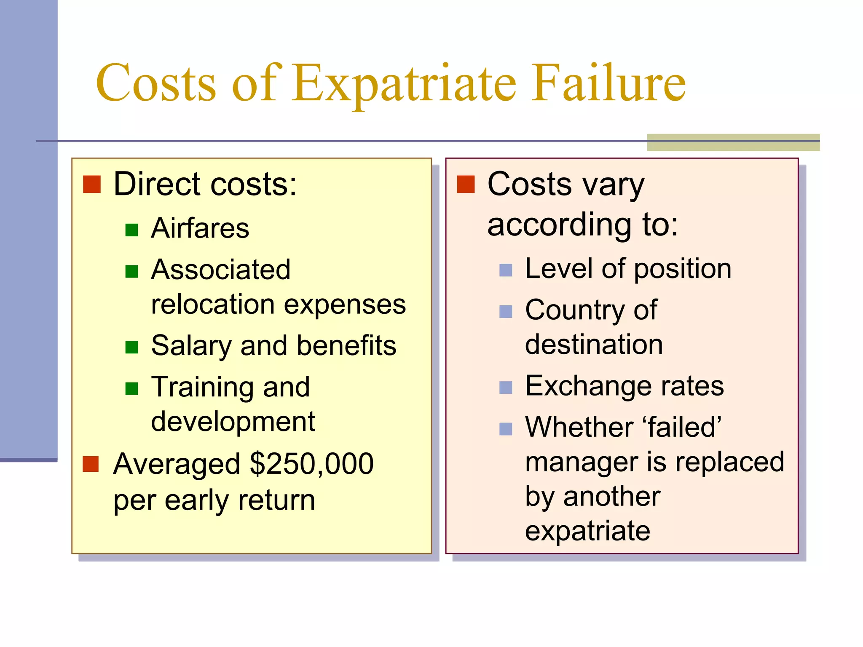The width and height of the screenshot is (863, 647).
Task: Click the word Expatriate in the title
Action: coord(404,83)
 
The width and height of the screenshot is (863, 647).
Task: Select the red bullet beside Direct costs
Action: coord(92,184)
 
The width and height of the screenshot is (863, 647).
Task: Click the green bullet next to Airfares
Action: coord(132,230)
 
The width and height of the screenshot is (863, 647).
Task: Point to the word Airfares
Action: coord(200,228)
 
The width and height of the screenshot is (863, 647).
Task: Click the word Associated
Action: coord(221,270)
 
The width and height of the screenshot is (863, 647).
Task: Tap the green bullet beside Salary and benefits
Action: coord(132,347)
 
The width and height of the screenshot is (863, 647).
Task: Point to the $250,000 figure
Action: coord(311,464)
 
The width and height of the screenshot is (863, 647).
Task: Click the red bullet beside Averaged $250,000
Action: coord(91,464)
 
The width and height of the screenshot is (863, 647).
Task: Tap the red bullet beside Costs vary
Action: coord(466,184)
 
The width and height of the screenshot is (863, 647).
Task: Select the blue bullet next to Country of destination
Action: coord(506,312)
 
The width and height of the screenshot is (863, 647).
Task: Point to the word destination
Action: coord(594,344)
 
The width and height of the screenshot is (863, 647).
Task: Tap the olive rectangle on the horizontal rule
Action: coord(733,142)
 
